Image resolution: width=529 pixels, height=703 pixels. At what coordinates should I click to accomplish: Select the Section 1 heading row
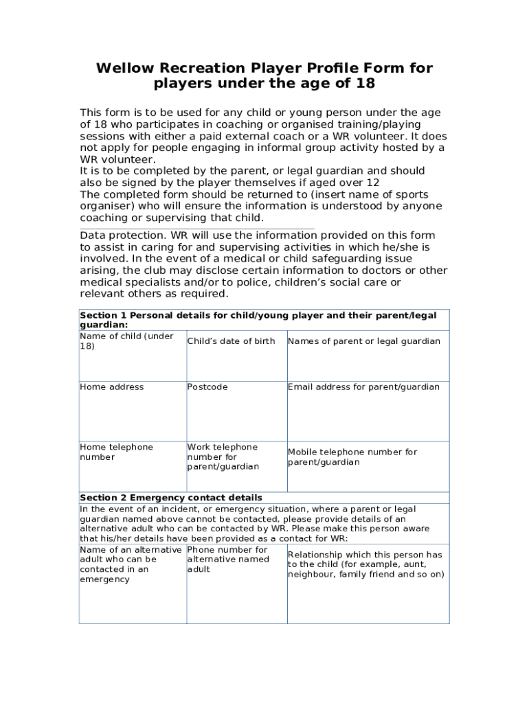tap(258, 320)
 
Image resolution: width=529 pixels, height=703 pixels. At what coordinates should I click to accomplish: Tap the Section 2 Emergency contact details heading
tap(170, 498)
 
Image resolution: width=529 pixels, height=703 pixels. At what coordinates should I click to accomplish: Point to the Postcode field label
tap(207, 387)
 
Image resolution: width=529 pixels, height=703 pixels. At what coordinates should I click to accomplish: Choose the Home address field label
tap(112, 387)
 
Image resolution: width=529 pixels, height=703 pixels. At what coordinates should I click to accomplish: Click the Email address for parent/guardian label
tap(363, 387)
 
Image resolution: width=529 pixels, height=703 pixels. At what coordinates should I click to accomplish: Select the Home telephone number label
tap(116, 452)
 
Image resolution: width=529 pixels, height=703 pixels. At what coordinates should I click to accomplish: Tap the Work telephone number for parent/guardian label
tap(223, 457)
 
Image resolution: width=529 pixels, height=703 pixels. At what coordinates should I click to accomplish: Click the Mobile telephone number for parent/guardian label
tap(352, 457)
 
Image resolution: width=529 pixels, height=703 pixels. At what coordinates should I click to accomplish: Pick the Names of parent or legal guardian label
tap(364, 341)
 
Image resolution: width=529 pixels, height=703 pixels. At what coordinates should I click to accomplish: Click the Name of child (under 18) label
tap(126, 341)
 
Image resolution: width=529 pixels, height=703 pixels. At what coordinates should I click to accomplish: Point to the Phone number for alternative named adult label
tap(228, 560)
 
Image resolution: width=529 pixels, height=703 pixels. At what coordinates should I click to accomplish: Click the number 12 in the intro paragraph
tap(372, 183)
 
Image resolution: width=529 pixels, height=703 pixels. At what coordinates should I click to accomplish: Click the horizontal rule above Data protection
tap(197, 229)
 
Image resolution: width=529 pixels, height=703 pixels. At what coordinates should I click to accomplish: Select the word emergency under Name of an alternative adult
tap(104, 579)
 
